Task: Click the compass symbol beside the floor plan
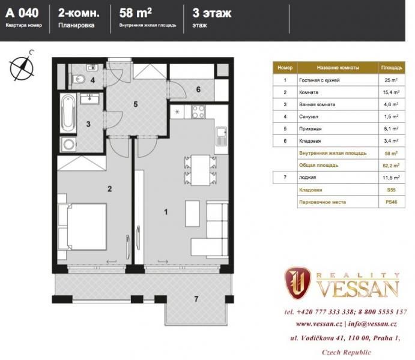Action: tap(22, 67)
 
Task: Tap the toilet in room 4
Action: tap(78, 79)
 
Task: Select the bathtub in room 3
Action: tap(68, 113)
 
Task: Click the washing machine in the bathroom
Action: tap(69, 145)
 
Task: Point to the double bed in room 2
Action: tap(82, 227)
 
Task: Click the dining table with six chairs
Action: tap(201, 170)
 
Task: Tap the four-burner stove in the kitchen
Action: tap(199, 112)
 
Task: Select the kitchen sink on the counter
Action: tap(221, 136)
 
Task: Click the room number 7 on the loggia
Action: tap(196, 299)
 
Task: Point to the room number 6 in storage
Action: tap(198, 89)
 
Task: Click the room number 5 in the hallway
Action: tap(136, 104)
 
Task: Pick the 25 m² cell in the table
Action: tap(391, 80)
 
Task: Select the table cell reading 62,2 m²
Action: tap(391, 166)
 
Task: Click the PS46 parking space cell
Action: tap(391, 202)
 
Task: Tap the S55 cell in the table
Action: tap(391, 190)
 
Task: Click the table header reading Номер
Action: tap(285, 68)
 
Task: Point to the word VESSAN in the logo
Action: tap(358, 289)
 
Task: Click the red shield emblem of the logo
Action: tap(297, 282)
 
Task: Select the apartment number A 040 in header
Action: tap(22, 13)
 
